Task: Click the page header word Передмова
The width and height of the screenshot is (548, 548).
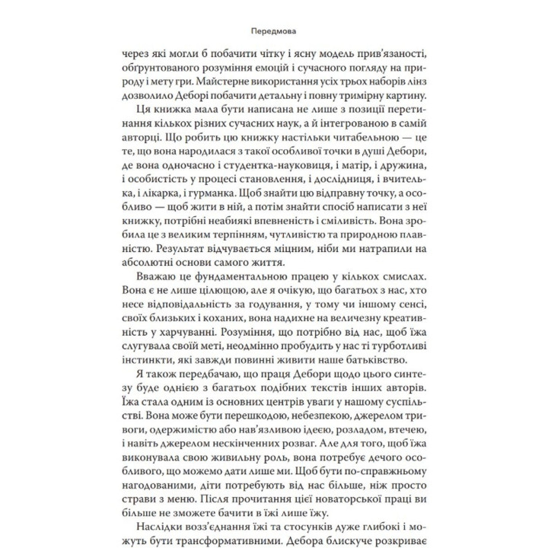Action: (x=273, y=33)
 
